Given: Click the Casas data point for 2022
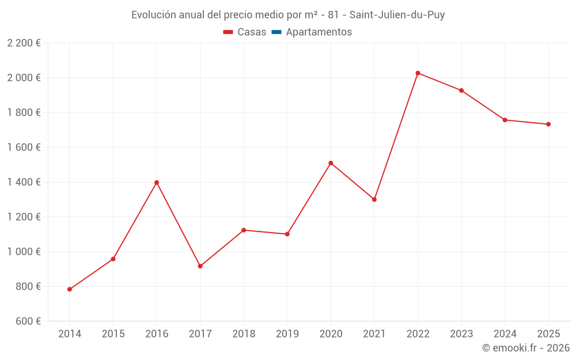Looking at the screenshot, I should coord(418,73).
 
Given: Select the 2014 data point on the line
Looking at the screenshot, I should coord(70,289).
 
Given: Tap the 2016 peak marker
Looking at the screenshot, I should coord(157,183).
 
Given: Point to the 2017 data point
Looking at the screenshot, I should coord(200,266).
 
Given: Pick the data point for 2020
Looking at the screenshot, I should coord(331,163).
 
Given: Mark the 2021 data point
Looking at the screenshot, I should coord(374,199).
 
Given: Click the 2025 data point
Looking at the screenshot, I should coord(548,124).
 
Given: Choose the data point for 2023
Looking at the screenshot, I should coord(461,90).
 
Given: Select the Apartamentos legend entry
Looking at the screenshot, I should coord(319,32).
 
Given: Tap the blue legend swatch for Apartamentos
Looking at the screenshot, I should coord(276,32).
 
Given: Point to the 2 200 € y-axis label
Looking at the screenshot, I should coord(24,43).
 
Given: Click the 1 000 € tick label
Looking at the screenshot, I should coord(24,252).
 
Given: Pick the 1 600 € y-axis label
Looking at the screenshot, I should coord(24,147).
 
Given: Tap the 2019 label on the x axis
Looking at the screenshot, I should coord(287,334).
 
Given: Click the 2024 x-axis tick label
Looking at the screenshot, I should coord(505,334).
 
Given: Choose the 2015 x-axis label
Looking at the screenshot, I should coord(113,334).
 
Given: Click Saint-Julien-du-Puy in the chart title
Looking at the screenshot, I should coord(397,15).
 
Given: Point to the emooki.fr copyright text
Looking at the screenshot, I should coord(525,348).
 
